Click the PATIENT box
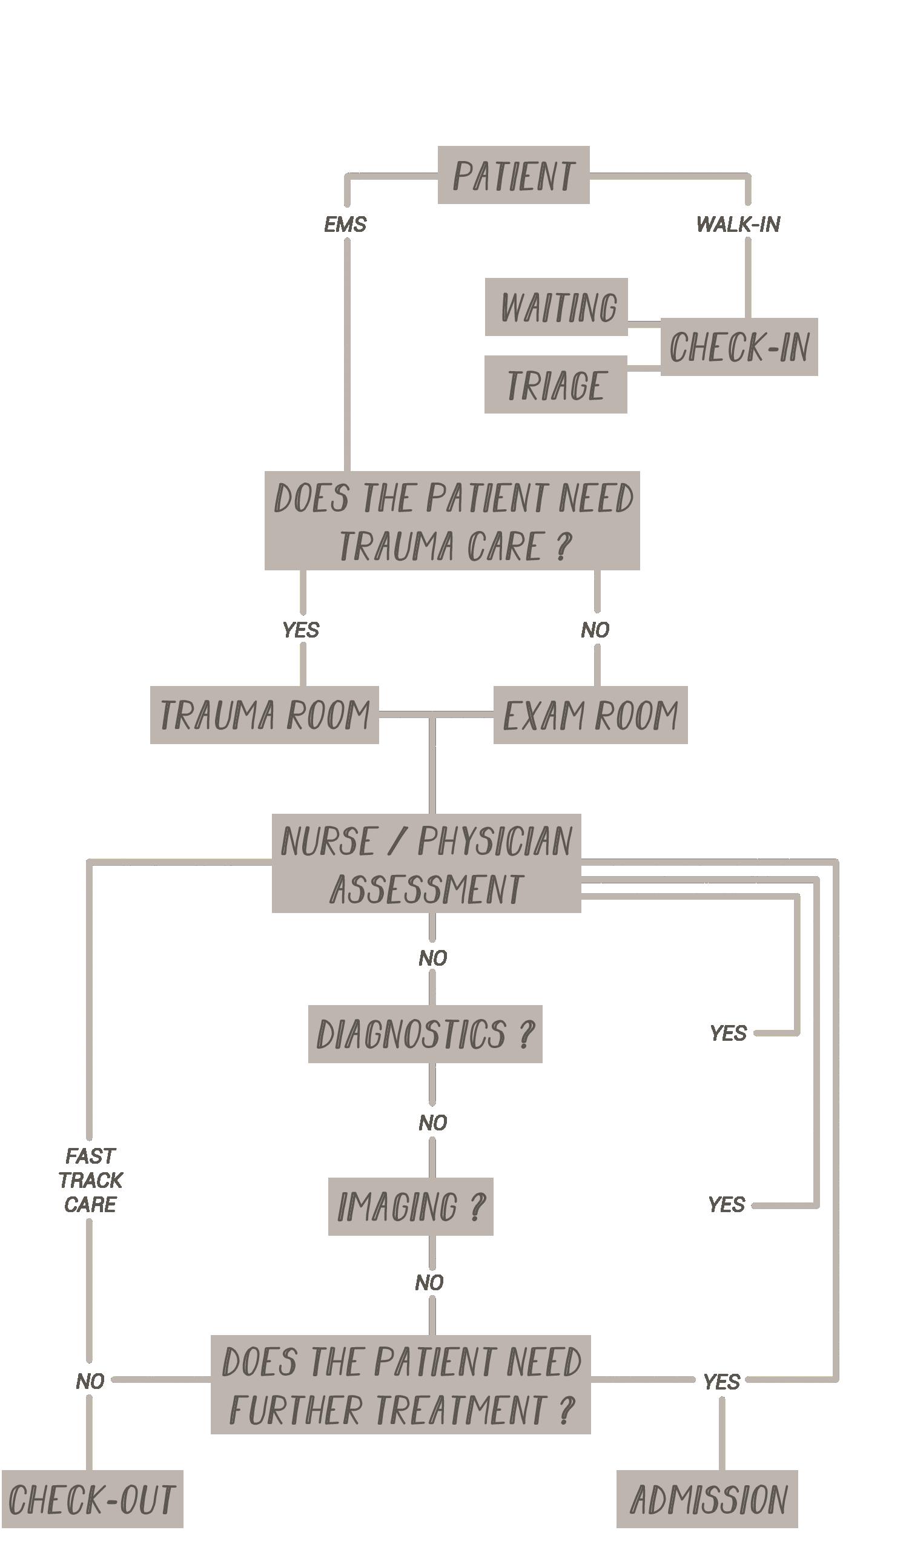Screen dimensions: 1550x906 [513, 175]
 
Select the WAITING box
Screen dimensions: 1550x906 [556, 306]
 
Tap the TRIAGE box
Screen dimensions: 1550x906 [555, 384]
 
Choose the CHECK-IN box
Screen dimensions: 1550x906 [739, 346]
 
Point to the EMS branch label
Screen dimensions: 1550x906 [345, 224]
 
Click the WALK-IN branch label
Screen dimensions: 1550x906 [738, 224]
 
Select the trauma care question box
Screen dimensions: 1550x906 [452, 520]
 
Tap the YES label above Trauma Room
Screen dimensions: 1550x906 [301, 629]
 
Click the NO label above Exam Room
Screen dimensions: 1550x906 [595, 629]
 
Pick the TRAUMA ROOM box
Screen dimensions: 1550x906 [264, 714]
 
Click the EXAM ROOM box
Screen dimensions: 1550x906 [590, 714]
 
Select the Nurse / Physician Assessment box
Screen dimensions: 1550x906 [426, 863]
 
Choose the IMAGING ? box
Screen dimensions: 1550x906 [410, 1206]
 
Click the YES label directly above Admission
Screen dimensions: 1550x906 [721, 1382]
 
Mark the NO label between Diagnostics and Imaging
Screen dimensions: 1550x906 [432, 1123]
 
